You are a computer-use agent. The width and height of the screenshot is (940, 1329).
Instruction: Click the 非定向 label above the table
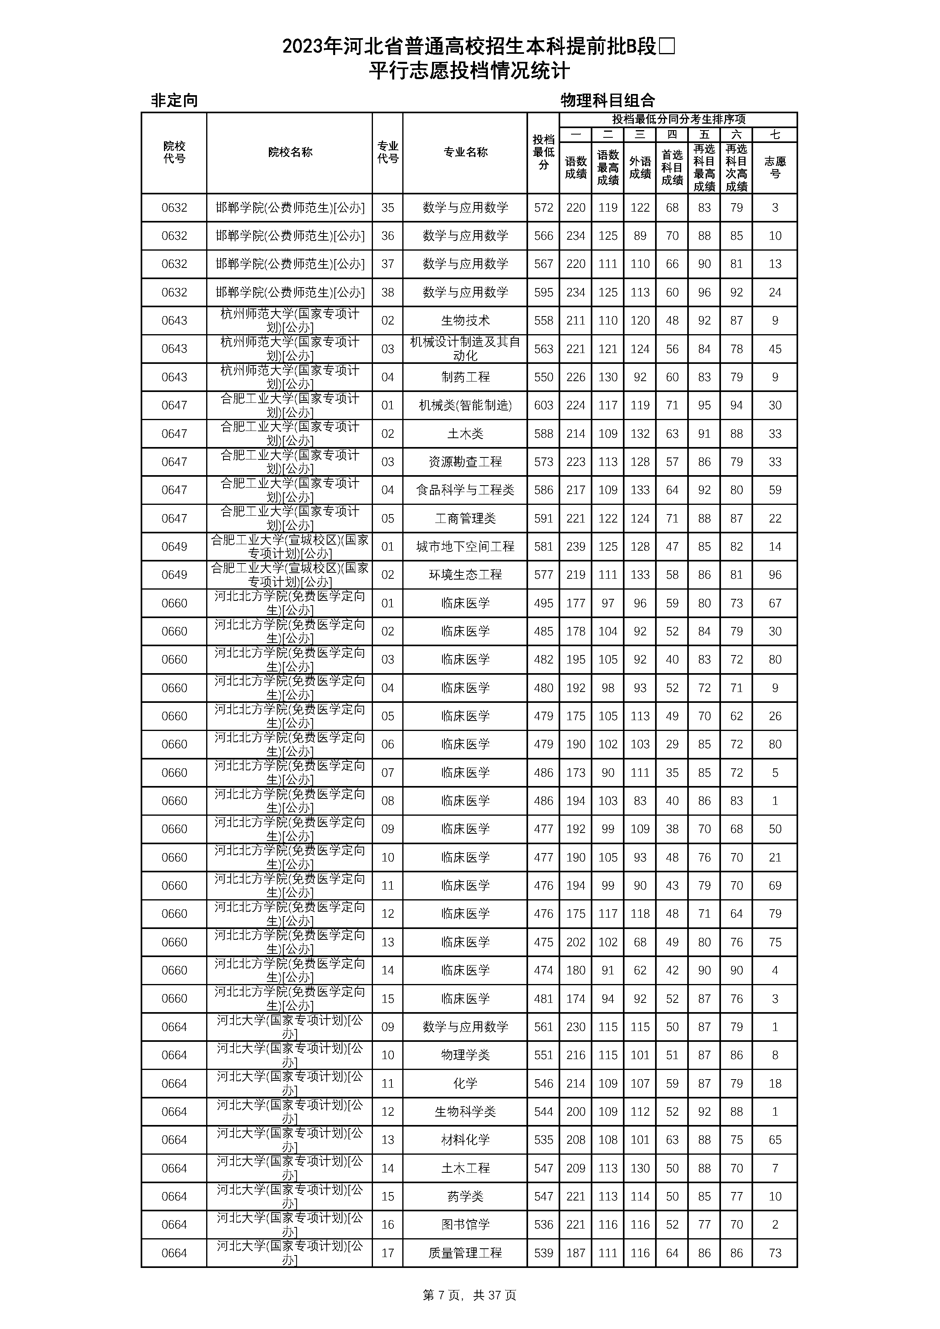tap(174, 101)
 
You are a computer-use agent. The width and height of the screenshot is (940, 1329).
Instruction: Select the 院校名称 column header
tap(290, 152)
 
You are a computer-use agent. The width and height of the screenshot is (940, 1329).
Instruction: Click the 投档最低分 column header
tap(543, 152)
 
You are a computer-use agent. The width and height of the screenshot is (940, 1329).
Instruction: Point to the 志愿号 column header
tap(775, 167)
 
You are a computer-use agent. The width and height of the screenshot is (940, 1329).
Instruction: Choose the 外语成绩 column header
tap(640, 167)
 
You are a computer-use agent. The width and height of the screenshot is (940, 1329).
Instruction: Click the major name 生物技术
tap(465, 321)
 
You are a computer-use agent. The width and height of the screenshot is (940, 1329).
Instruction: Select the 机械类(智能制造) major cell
tap(465, 405)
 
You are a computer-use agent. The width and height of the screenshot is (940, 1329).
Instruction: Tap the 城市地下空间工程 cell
tap(465, 546)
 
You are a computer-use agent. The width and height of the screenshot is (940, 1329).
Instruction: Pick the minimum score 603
tap(543, 405)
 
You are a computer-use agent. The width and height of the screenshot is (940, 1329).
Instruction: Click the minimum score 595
tap(543, 292)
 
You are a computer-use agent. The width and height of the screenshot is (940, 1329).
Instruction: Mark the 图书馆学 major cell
tap(465, 1224)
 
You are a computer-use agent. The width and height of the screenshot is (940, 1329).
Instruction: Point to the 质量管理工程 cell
tap(465, 1253)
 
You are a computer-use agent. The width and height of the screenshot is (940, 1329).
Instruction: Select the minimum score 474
tap(543, 970)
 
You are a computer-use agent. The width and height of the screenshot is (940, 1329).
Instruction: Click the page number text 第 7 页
tap(441, 1295)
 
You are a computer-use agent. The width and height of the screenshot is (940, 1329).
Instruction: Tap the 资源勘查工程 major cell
tap(465, 462)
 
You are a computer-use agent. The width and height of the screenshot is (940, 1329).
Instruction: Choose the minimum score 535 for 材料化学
tap(543, 1140)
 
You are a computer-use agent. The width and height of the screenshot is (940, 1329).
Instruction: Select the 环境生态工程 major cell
tap(465, 575)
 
